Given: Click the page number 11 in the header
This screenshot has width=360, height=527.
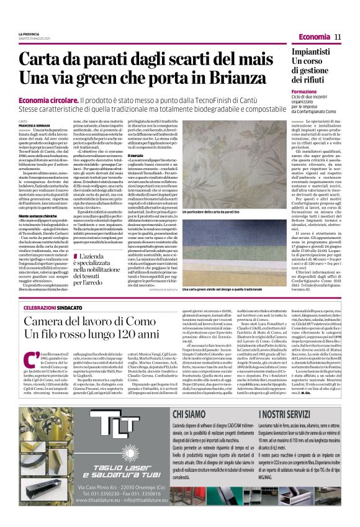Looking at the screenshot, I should pos(338,37).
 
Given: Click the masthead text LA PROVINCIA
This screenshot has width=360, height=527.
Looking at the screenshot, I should pos(29,34).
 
